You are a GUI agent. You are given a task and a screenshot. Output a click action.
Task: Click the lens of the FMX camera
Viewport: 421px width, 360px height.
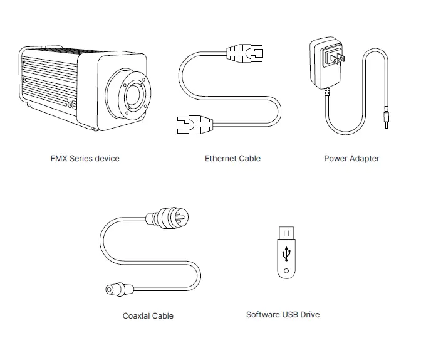(x=132, y=95)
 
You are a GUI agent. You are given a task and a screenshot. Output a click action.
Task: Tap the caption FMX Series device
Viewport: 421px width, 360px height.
(x=85, y=159)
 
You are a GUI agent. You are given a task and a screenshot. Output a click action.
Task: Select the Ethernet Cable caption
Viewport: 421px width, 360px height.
(x=232, y=159)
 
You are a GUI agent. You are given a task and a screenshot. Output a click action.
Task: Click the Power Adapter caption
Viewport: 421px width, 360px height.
(x=351, y=159)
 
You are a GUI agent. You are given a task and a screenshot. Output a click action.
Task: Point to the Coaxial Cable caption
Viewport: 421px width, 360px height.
(x=148, y=316)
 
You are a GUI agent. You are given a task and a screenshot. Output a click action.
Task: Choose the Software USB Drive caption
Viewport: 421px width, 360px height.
(x=283, y=314)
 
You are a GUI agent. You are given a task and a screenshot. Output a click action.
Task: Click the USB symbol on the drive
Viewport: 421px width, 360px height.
(x=287, y=255)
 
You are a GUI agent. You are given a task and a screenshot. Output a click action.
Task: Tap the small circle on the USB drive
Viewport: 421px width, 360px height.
(x=287, y=272)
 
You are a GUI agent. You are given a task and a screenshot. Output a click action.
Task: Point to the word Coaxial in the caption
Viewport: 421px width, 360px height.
(x=137, y=316)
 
